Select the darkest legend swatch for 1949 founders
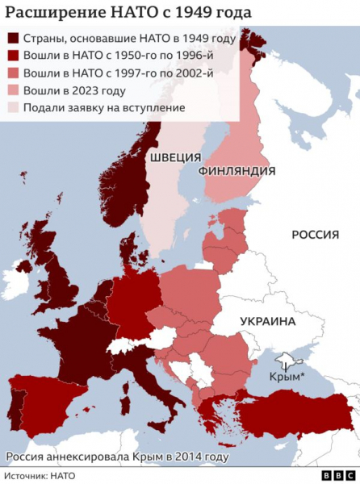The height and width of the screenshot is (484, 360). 14,38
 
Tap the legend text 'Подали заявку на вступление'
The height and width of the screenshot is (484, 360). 104,109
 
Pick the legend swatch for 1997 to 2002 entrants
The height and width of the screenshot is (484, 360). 14,73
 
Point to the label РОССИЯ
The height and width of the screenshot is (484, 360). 314,234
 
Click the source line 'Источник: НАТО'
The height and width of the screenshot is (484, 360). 40,476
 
